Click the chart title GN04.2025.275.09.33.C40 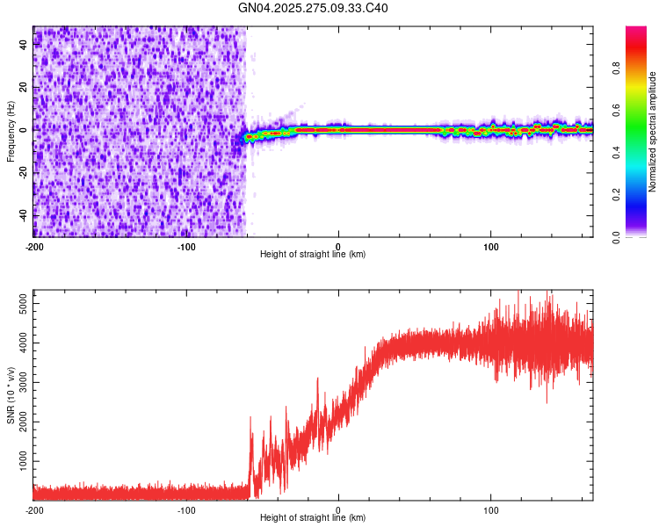pos(314,9)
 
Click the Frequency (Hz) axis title pos(11,132)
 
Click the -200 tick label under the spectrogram pos(33,245)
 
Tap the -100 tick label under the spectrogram pos(186,245)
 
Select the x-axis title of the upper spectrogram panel pos(313,255)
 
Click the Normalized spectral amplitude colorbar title pos(653,132)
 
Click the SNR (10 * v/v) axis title pos(11,393)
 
